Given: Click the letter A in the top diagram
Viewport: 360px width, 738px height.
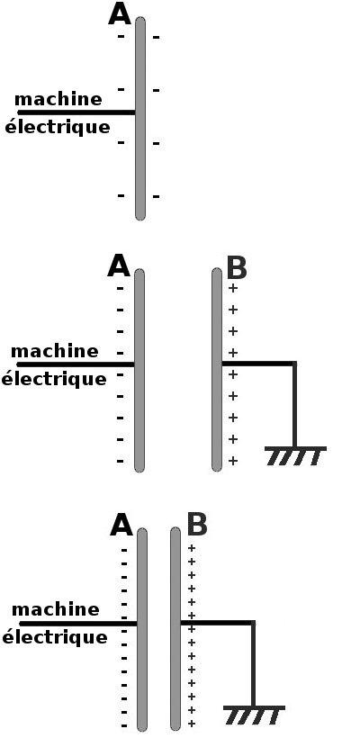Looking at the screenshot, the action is click(x=119, y=14).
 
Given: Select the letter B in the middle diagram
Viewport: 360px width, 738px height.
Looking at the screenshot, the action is click(x=237, y=268).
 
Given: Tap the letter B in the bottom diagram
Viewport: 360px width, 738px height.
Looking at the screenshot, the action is click(x=197, y=526).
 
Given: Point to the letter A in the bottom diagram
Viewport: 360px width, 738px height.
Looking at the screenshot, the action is click(x=121, y=526).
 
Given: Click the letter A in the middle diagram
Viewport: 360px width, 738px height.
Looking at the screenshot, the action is click(x=119, y=266).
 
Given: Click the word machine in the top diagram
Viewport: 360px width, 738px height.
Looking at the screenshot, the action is click(x=58, y=99).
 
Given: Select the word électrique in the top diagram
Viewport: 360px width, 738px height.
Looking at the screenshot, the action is click(x=58, y=128).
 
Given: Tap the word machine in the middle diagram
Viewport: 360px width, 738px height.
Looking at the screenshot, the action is click(x=55, y=351).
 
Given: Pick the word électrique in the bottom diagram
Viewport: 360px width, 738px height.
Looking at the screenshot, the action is click(x=55, y=638).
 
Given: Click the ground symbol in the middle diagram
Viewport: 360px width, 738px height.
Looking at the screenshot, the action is click(x=295, y=455).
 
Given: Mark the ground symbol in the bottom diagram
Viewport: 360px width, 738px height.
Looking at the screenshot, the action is click(x=254, y=715).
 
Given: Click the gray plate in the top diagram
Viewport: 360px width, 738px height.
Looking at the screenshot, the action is click(x=140, y=119).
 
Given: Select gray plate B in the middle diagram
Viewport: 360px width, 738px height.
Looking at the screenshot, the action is click(x=217, y=370).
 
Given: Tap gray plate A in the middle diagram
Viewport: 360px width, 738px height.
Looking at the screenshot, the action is click(x=139, y=371).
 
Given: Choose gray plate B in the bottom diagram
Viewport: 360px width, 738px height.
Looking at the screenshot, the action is click(x=175, y=629).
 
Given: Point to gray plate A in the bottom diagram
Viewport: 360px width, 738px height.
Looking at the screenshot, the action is click(x=142, y=630).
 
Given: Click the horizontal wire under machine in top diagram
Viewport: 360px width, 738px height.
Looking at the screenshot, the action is click(x=76, y=112).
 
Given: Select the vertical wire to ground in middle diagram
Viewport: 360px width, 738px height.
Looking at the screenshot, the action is click(x=294, y=405).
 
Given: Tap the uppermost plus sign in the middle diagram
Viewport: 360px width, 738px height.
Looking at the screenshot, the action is click(x=233, y=288).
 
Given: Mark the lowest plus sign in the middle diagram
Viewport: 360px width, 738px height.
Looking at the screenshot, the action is click(x=233, y=461).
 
